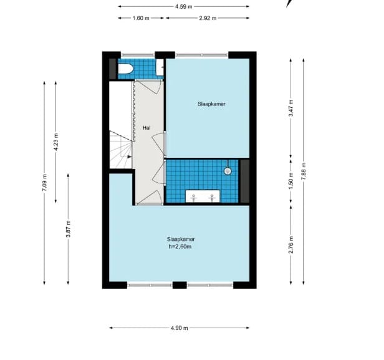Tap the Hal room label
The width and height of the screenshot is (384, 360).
point(147,127)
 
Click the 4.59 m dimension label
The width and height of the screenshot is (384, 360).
point(184,7)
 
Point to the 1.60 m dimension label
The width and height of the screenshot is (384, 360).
point(142,18)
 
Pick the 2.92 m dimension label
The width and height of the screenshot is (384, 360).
point(208,18)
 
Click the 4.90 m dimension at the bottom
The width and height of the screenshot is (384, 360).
point(179,328)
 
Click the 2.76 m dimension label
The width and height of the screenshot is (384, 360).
point(290,245)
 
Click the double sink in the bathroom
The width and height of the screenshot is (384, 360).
point(204,197)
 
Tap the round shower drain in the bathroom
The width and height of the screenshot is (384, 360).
point(228,171)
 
